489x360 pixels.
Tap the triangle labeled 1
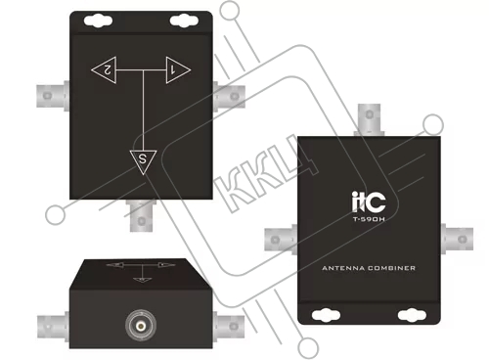point(176,69)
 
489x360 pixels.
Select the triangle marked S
point(143,160)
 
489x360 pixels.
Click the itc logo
point(369,202)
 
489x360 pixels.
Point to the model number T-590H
point(369,219)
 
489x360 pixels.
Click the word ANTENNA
point(343,268)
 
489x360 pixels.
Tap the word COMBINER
point(392,268)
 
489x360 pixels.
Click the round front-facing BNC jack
point(141,325)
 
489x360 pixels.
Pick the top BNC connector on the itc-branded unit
point(369,119)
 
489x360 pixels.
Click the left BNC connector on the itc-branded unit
point(281,240)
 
